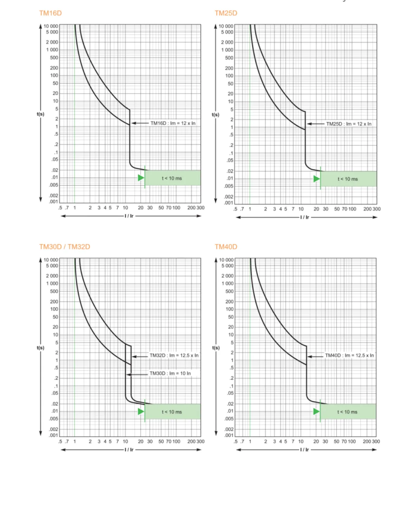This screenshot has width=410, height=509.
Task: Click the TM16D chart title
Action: (x=50, y=13)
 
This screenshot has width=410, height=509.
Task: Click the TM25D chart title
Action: (x=226, y=13)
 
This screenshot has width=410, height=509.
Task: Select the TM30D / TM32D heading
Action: (x=65, y=247)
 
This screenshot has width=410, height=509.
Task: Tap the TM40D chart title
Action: (x=226, y=247)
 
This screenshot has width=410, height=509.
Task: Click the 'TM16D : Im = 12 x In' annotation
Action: (x=173, y=123)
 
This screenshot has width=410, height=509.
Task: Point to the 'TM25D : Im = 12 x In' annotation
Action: (x=349, y=124)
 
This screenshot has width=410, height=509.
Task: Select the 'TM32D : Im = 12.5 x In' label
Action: (x=174, y=356)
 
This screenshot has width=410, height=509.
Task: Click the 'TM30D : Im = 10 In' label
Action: (x=170, y=373)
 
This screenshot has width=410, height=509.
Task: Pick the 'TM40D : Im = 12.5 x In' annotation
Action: (x=349, y=356)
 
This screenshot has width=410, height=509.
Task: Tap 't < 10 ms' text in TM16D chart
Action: (x=172, y=178)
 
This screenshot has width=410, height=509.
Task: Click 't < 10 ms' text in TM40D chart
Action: (x=347, y=412)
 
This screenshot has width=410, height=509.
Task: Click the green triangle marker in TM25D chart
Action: (x=317, y=179)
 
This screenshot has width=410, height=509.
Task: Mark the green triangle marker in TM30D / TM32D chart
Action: (x=141, y=411)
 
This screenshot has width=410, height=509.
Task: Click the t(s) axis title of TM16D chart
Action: (x=40, y=114)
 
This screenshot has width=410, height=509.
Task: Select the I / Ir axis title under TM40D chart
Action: (x=305, y=450)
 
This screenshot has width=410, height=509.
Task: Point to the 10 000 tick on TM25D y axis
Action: (x=226, y=26)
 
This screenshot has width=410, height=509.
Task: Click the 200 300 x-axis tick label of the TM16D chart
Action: (x=196, y=208)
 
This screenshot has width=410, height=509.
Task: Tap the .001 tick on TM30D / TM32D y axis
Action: (x=54, y=435)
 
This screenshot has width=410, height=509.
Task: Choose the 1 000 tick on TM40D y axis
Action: (x=227, y=283)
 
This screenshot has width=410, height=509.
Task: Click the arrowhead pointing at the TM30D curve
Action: (x=129, y=375)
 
